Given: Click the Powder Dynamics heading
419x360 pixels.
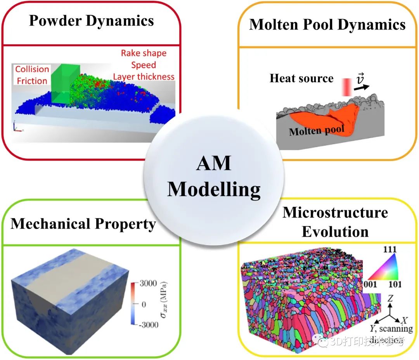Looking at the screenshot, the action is tap(92, 21).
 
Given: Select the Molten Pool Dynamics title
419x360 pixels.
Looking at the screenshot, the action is tap(327, 25).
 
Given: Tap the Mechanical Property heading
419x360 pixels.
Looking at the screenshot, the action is tap(83, 223).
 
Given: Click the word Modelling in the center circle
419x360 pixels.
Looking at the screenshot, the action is tap(214, 190).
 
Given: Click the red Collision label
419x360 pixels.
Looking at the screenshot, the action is tap(32, 69).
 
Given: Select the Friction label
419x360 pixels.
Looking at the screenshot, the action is tap(32, 81).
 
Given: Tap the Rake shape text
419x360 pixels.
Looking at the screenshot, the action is tap(144, 53).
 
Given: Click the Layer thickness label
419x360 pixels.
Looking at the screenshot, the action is tap(144, 76).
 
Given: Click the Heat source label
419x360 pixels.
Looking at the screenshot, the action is tap(301, 78).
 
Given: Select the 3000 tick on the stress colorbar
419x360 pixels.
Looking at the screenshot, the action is tap(149, 284).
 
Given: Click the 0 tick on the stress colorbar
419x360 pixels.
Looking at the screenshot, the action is tap(144, 304).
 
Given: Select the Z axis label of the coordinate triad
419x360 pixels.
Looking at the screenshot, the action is tap(391, 298).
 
